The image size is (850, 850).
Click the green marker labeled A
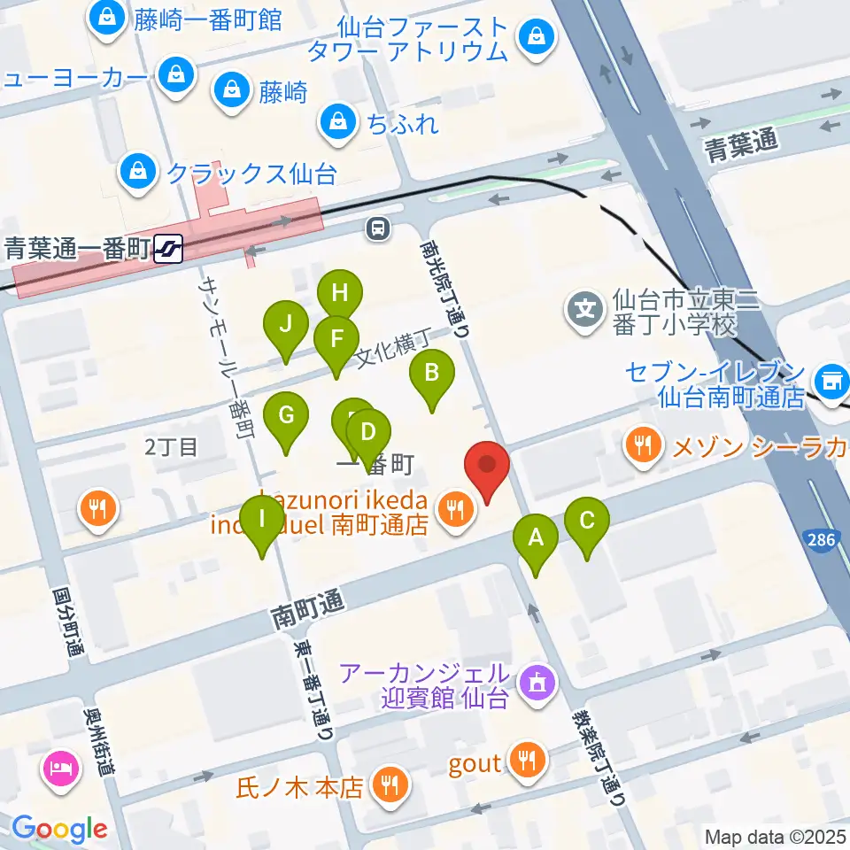(535, 537)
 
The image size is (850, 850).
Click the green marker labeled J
(285, 325)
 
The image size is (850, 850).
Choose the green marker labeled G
(286, 415)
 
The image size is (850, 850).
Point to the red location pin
(486, 464)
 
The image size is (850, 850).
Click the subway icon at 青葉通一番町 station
(167, 249)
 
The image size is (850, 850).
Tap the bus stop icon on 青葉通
(378, 228)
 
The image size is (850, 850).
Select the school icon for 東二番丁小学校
(584, 310)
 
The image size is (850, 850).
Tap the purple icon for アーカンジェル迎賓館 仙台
(536, 682)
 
